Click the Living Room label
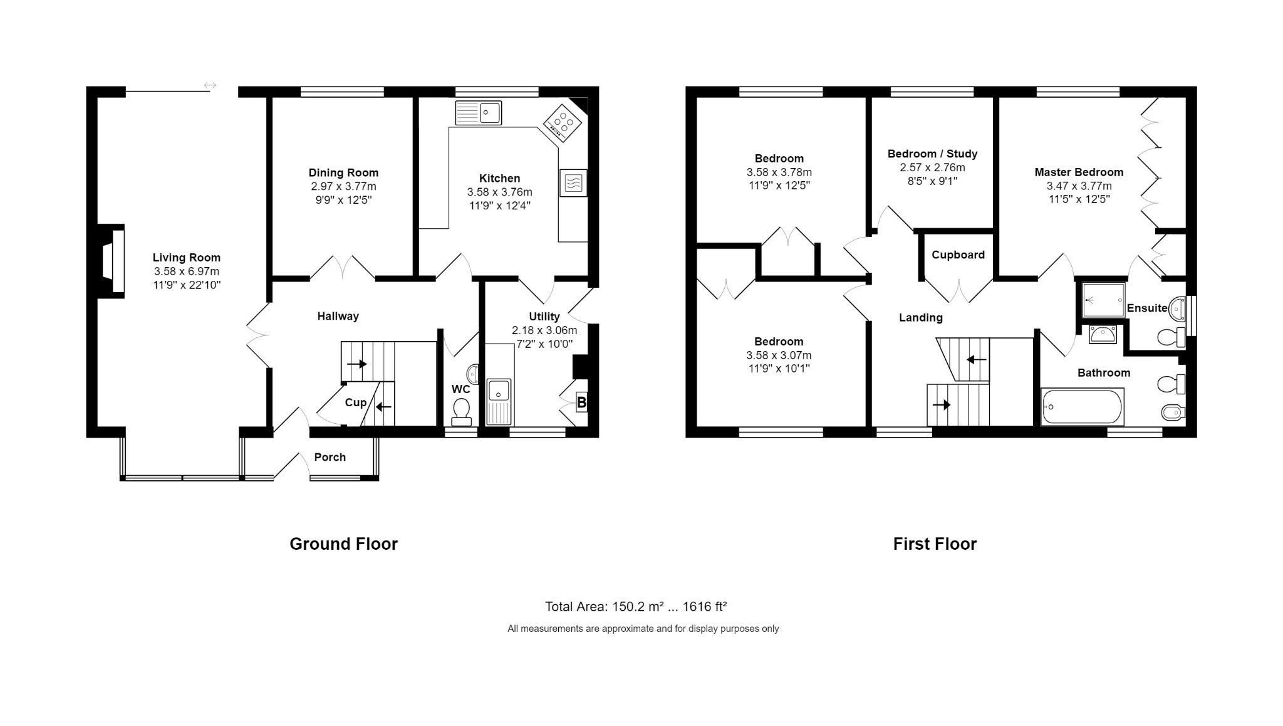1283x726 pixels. pos(187,258)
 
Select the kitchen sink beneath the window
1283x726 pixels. pos(479,113)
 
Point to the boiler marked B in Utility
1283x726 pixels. pos(581,402)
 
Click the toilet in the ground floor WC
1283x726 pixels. pos(462,410)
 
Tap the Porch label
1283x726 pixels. pos(330,457)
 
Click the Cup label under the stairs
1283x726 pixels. pos(355,402)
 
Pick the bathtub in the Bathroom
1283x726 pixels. pos(1083,407)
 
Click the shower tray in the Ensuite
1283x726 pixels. pos(1104,300)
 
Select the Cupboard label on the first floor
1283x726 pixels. pos(958,255)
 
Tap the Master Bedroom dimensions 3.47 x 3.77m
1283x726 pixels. pos(1079,186)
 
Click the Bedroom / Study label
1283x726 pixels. pos(932,154)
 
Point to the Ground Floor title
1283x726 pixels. pos(343,544)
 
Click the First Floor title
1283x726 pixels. pos(935,544)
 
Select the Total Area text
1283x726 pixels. pos(636,606)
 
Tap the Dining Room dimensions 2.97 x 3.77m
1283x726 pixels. pos(343,186)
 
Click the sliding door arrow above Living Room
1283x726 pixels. pos(210,85)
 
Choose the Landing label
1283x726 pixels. pos(920,318)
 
